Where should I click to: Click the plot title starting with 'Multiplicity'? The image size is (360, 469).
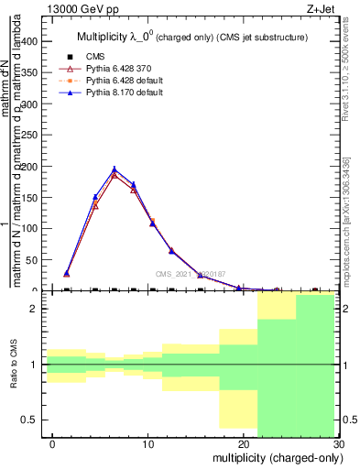[191, 38]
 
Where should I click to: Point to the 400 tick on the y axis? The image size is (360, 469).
[29, 42]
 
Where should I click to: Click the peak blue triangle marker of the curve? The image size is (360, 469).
[115, 169]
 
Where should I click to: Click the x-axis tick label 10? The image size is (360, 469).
[147, 443]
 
